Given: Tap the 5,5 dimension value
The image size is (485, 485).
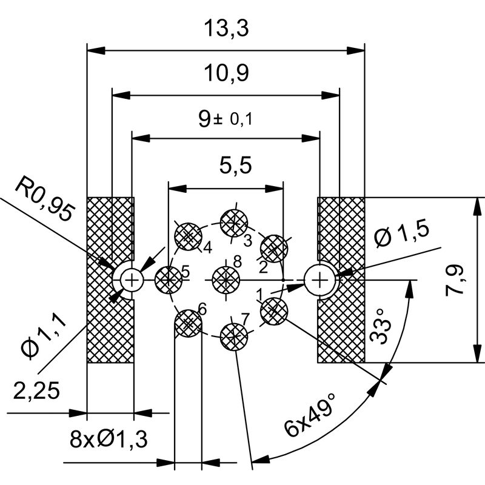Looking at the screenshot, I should [x=225, y=165].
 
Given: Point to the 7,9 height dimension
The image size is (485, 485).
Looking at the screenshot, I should [x=455, y=280].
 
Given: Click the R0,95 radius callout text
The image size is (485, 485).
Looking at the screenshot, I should [x=45, y=200].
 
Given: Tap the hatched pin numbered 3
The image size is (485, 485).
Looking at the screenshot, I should [x=233, y=222].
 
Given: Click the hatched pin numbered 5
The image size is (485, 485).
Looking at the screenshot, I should [x=169, y=279].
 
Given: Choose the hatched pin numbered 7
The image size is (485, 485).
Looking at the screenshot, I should [x=233, y=335].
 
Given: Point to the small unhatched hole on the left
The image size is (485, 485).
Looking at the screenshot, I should [x=131, y=279].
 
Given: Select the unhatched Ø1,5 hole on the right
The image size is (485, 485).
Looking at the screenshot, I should [x=320, y=279].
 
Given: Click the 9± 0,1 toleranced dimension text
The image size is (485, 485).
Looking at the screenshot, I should [x=226, y=119].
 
